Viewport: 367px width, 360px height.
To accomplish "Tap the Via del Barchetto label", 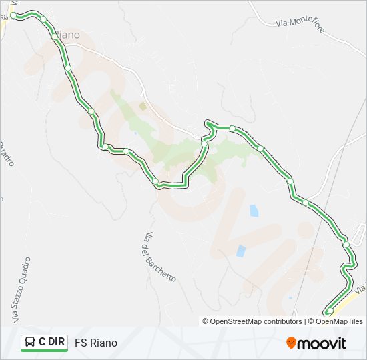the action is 159,256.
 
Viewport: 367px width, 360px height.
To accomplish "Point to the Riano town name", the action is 66,35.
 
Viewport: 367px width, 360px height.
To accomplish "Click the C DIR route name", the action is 52,342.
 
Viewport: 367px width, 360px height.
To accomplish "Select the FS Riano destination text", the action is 96,343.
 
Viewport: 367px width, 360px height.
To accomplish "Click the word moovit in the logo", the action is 322,343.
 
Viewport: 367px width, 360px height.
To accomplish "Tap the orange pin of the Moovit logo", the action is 291,343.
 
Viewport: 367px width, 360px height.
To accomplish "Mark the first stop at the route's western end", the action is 13,15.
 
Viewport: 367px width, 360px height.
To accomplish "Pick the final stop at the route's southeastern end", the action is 329,311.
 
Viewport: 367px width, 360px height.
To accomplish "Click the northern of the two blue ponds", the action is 254,211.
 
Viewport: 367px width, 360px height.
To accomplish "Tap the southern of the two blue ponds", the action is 240,251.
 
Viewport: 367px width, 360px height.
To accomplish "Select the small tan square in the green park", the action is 142,105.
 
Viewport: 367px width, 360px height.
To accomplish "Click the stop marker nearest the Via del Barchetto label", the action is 156,181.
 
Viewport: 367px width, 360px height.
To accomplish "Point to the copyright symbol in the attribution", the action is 206,321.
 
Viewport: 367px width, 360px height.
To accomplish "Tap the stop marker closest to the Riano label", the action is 55,37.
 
